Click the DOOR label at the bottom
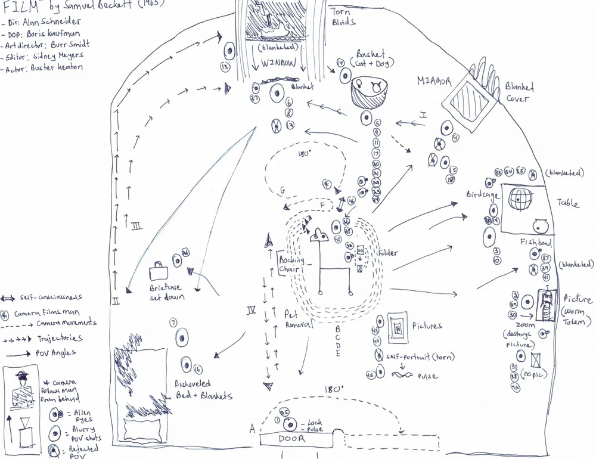291,439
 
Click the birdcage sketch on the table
520,200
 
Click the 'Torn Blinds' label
343,17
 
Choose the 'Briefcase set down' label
167,291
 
